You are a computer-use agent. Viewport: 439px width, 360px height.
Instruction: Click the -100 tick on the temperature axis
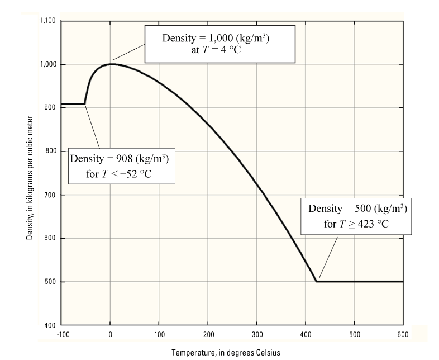pos(61,334)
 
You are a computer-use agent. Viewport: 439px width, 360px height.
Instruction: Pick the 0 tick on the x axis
pos(111,334)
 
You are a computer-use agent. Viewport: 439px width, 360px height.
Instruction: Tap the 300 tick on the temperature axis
pos(256,334)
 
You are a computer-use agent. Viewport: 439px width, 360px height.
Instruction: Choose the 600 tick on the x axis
pos(403,334)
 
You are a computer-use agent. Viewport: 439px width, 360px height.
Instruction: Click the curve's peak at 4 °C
pos(112,64)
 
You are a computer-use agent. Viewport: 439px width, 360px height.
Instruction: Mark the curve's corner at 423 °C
pos(317,281)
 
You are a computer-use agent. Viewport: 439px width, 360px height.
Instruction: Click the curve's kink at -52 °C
pos(85,103)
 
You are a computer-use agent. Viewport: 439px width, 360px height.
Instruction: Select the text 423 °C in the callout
pos(368,222)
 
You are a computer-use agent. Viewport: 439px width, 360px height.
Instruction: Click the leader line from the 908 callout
pos(93,126)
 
